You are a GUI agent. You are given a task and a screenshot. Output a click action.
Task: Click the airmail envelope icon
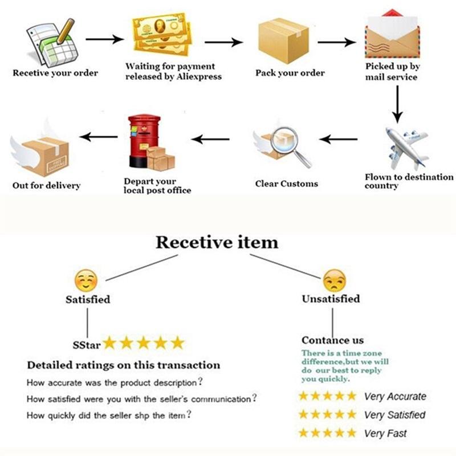pos(392,35)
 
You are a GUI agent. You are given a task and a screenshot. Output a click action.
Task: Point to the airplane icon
pos(406,147)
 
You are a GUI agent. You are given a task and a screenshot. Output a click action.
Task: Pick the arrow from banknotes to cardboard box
pos(223,42)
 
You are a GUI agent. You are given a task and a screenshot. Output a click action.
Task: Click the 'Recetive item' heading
pos(217,242)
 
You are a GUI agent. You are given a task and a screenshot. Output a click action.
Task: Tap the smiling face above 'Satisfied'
pos(87,281)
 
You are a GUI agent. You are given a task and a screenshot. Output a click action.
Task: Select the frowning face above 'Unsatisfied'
pos(334,281)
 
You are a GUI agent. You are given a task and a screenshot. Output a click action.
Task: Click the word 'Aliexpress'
pos(197,76)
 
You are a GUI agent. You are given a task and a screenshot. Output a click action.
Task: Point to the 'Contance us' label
pos(332,340)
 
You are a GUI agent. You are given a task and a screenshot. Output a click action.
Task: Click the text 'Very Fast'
pos(386,433)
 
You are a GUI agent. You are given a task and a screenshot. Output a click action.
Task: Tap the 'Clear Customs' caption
pos(286,184)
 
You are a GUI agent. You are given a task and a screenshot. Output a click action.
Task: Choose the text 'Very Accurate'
pos(395,396)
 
